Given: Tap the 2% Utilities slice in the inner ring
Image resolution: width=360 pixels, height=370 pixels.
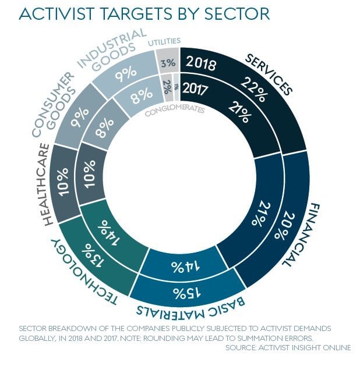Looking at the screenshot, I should tap(167, 86).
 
